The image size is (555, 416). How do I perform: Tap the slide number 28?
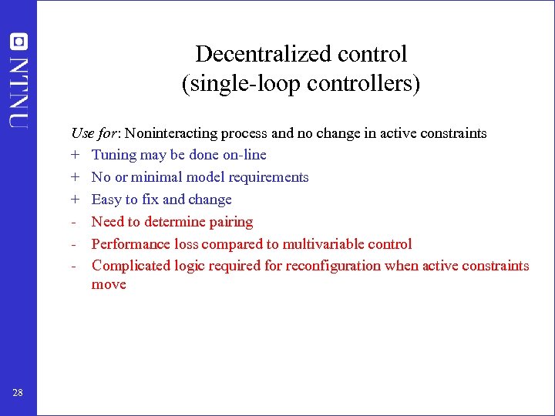(18, 394)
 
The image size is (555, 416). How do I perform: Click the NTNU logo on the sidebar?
(18, 80)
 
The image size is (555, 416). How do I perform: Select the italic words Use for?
(89, 133)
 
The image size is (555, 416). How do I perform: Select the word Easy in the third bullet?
(106, 200)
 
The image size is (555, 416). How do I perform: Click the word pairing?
(230, 222)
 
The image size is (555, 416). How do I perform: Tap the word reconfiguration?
(331, 266)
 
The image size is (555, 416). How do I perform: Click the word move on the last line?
(109, 285)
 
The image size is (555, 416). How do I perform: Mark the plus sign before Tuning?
(76, 155)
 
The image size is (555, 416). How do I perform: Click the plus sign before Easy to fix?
(76, 200)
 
